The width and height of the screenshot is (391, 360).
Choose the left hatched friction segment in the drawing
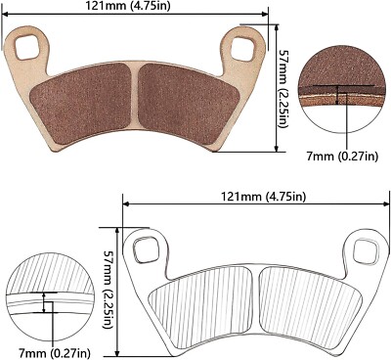[205, 298]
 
